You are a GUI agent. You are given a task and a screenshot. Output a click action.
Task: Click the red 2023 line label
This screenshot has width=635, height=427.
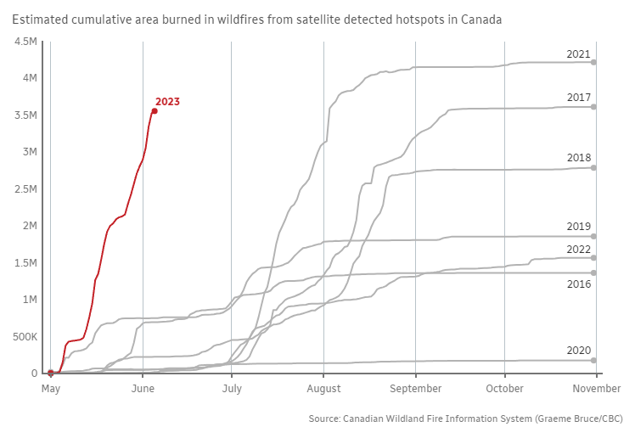[167, 102]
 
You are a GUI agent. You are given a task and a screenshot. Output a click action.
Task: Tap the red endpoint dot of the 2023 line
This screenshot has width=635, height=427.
[154, 111]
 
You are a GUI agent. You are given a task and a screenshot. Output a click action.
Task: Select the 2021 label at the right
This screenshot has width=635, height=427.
[578, 54]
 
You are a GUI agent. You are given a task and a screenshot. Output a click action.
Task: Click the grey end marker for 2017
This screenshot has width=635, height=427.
[594, 107]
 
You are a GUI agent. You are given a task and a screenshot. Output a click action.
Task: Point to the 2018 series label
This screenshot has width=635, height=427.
[578, 158]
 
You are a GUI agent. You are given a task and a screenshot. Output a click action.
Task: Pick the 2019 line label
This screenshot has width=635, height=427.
[578, 227]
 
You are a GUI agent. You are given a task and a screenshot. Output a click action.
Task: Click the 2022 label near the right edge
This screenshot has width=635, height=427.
[578, 249]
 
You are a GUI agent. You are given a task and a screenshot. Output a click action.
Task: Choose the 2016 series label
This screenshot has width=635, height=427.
[578, 284]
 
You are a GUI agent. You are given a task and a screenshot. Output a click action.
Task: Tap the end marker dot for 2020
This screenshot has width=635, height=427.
[594, 360]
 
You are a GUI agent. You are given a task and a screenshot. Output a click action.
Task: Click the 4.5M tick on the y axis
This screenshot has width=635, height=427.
[25, 42]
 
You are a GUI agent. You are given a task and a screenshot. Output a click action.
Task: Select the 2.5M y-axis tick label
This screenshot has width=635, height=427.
[25, 189]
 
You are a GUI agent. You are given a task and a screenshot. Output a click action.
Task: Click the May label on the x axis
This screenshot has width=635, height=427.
[51, 388]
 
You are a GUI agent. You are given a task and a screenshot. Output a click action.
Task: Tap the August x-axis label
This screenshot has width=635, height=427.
[323, 388]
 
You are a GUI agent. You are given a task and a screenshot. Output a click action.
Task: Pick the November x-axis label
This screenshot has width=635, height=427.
[596, 388]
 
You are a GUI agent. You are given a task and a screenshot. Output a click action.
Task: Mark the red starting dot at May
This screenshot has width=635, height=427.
[51, 373]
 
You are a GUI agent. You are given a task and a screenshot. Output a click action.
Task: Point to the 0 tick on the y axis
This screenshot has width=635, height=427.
[34, 374]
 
